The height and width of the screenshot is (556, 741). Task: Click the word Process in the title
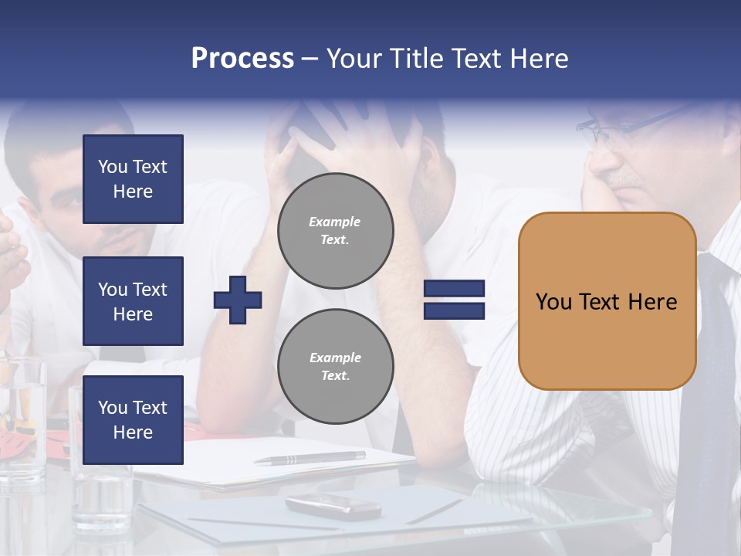point(242,59)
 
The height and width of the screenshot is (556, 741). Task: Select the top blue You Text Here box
point(133,179)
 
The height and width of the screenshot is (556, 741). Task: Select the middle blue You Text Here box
point(133,301)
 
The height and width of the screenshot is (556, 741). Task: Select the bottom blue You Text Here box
point(133,420)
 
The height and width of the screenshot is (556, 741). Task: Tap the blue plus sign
point(238,300)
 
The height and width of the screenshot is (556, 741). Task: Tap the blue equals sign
point(454,300)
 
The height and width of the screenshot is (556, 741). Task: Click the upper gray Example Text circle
point(335,231)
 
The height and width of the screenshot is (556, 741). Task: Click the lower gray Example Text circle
point(335,367)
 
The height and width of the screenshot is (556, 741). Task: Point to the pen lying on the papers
point(310,459)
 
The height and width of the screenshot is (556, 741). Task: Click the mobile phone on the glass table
point(333,506)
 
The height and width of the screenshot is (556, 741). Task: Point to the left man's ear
point(31,212)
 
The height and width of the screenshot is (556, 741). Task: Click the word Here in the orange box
point(652,302)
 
